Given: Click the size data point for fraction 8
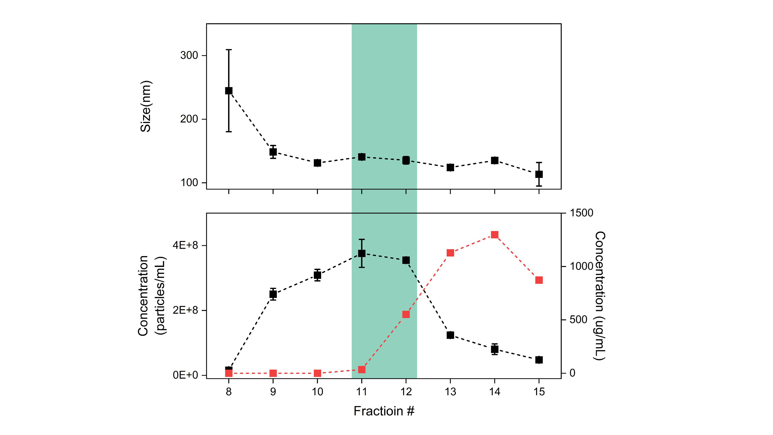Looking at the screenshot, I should [x=229, y=91].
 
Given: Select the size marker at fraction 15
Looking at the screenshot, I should [x=539, y=174].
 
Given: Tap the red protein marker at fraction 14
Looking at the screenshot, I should [x=494, y=235].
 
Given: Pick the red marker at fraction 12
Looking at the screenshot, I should [x=406, y=314].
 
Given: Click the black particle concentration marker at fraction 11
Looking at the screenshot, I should [x=362, y=253].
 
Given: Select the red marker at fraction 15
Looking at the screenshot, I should [x=539, y=280].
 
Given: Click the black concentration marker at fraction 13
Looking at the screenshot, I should [x=450, y=335].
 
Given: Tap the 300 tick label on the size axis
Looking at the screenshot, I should [x=189, y=56].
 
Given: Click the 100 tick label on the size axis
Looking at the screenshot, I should [x=189, y=183].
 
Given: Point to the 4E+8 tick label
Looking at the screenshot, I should [x=185, y=246].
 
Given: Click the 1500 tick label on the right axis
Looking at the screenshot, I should [x=581, y=213].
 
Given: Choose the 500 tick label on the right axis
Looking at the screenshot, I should [x=578, y=320].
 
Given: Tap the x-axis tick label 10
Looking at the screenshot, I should [x=317, y=392].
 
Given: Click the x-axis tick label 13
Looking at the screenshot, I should [x=450, y=392].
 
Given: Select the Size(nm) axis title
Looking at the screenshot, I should [x=146, y=106].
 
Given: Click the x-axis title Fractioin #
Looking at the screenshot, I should [x=384, y=411].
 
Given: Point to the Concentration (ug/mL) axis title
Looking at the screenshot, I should [x=600, y=296].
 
